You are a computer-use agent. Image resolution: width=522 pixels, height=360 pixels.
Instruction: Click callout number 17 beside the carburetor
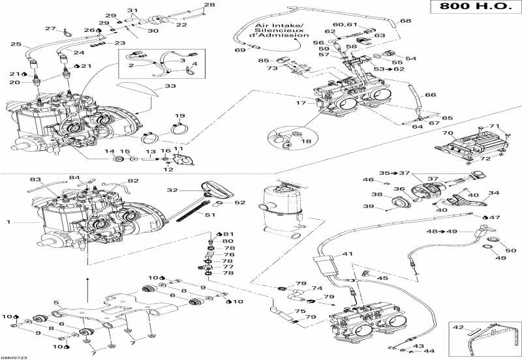pos(299,102)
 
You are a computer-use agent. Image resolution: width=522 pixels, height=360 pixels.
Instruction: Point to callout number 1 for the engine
pos(9,222)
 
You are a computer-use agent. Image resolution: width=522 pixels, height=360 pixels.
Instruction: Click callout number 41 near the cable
pos(348,254)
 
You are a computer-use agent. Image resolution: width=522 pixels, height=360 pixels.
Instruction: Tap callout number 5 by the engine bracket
pos(56,302)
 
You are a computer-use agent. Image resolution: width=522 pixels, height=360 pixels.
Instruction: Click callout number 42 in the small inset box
pos(458,327)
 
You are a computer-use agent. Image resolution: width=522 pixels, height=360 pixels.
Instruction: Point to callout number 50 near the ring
pos(511,250)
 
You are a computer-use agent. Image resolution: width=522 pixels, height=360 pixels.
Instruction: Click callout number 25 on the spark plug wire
pos(16,44)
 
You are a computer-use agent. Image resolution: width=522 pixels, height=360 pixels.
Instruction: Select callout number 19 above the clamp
pos(179,116)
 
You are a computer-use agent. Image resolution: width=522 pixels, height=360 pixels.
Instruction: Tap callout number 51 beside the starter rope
pos(211,215)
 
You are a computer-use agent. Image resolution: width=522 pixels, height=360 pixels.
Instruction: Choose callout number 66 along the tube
pos(431,95)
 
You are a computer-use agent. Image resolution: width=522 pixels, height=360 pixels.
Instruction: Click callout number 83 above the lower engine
pos(35,179)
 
